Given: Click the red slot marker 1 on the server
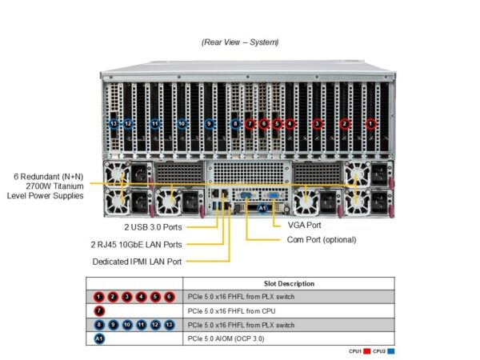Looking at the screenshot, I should point(370,124).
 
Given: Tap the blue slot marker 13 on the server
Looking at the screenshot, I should point(114,124).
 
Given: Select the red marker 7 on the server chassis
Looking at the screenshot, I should point(250,124).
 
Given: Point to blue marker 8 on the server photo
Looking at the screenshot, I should point(235,124).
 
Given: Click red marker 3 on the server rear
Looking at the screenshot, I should point(318,124).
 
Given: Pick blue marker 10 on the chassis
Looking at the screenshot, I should point(182,124).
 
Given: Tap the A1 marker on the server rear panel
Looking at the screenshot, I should point(262,209).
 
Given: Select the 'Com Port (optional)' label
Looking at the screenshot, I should point(321,239).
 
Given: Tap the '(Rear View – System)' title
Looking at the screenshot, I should point(240,42).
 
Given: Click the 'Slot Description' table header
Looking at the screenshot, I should point(289,283).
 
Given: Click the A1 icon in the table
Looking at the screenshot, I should point(99,339).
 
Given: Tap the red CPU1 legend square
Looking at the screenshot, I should point(367,351).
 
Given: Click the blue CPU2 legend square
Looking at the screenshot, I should point(390,351).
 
